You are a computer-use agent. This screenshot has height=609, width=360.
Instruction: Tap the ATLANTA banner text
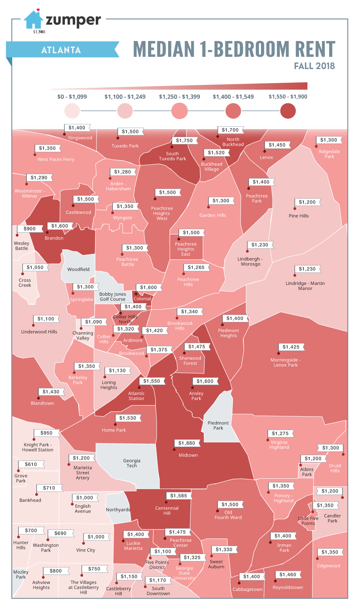click(61, 50)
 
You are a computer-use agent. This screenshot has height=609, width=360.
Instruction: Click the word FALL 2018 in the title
click(314, 66)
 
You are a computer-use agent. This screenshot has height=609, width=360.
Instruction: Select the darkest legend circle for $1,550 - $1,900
click(288, 111)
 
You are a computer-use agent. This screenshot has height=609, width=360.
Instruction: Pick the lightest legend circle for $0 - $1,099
click(72, 111)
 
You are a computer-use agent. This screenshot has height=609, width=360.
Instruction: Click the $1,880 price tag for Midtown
click(186, 443)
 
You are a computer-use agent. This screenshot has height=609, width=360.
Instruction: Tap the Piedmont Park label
click(218, 426)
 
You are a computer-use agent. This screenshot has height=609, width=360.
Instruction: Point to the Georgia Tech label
click(132, 463)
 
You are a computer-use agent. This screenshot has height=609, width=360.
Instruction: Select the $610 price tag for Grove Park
click(31, 464)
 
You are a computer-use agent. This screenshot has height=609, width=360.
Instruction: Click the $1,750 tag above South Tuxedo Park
click(184, 141)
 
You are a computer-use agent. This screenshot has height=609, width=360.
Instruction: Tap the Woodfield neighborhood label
click(78, 269)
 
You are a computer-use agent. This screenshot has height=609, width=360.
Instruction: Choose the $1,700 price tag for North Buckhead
click(230, 130)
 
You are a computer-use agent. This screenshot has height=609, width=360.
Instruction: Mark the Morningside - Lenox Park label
click(285, 362)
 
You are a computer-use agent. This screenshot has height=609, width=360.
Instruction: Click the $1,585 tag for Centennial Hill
click(179, 496)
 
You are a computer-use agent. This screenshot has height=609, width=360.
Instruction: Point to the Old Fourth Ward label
click(228, 515)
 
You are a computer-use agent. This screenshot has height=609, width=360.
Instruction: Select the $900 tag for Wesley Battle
click(30, 229)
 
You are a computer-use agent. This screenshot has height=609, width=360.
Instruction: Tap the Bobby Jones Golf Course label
click(113, 296)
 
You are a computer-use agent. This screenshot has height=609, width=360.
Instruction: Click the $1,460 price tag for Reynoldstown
click(288, 574)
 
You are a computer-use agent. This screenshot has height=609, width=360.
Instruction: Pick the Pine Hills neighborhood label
click(299, 216)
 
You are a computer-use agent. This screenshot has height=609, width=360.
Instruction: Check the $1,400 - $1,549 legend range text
click(233, 97)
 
